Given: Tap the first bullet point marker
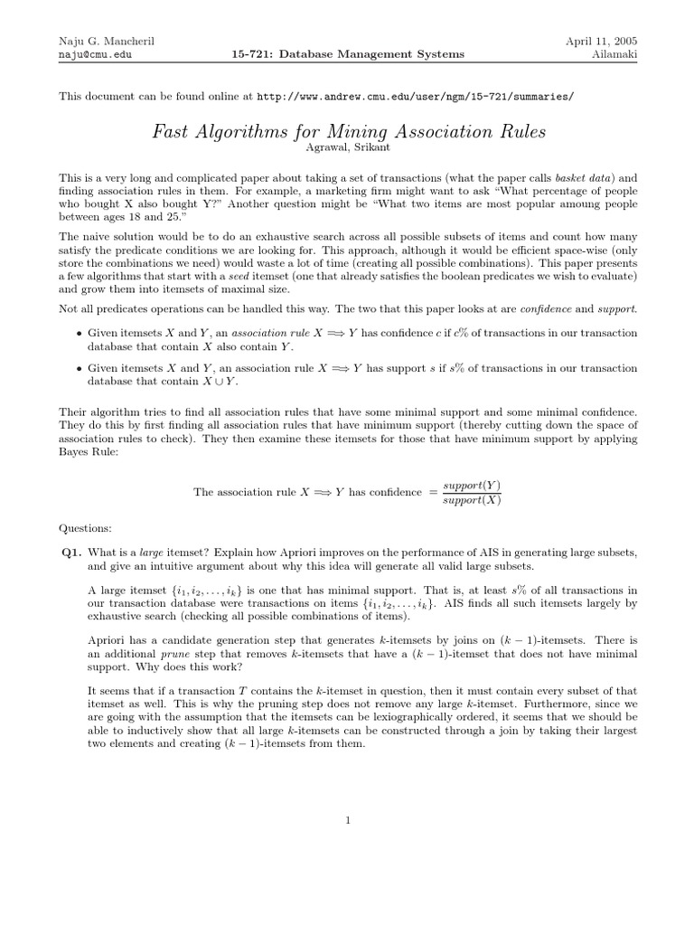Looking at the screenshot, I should coord(79,333).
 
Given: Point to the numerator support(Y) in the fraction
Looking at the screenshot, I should coord(471,486).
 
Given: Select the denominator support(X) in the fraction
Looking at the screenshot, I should coord(471,500).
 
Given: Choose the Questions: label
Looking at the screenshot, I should coord(86,527).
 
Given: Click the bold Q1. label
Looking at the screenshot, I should coord(71,552).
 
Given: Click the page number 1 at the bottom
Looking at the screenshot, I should coord(347,820).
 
